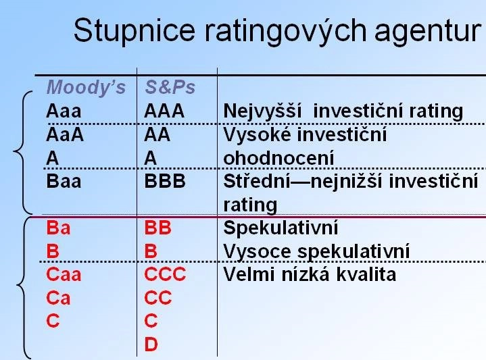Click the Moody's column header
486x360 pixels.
(x=86, y=87)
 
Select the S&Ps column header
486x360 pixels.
(x=170, y=87)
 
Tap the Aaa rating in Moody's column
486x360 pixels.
(x=64, y=111)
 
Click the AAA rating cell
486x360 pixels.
(x=164, y=111)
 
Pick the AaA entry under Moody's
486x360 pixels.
(x=65, y=134)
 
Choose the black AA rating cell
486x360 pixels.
(x=157, y=134)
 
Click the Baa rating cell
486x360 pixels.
(x=64, y=181)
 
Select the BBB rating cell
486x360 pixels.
(x=164, y=181)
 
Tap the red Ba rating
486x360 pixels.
(x=58, y=228)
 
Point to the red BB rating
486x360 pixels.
(x=157, y=228)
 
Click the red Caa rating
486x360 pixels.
(x=64, y=274)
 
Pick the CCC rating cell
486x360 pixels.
(x=165, y=274)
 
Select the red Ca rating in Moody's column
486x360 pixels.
(x=58, y=298)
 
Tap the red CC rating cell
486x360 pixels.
(x=157, y=298)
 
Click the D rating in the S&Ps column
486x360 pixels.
(x=151, y=344)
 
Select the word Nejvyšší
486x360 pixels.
(x=262, y=111)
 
